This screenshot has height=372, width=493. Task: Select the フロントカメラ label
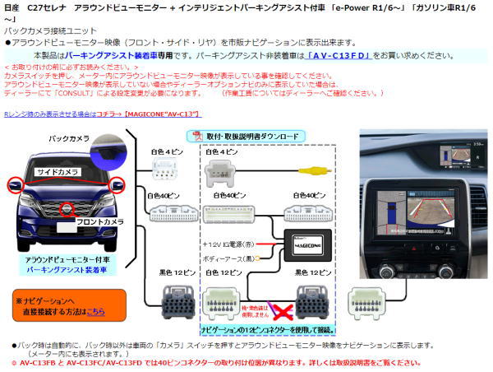102,221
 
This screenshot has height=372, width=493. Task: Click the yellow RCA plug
311,171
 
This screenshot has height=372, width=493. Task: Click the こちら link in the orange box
95,312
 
